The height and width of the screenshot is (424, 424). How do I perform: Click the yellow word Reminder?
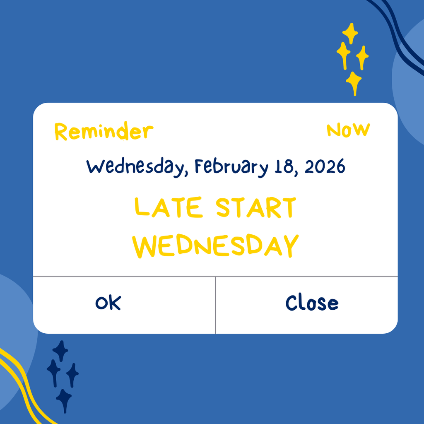pyautogui.click(x=104, y=132)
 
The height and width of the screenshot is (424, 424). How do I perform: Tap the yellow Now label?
pyautogui.click(x=348, y=130)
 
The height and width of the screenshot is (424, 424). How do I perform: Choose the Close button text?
pyautogui.click(x=312, y=303)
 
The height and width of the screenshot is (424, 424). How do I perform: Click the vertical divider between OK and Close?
pyautogui.click(x=216, y=305)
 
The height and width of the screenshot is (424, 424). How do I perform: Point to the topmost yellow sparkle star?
pyautogui.click(x=350, y=34)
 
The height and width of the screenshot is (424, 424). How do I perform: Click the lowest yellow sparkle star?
pyautogui.click(x=354, y=82)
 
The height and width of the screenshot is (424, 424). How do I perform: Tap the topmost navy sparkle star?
pyautogui.click(x=60, y=350)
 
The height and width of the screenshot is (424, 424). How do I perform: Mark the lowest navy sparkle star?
pyautogui.click(x=64, y=400)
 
